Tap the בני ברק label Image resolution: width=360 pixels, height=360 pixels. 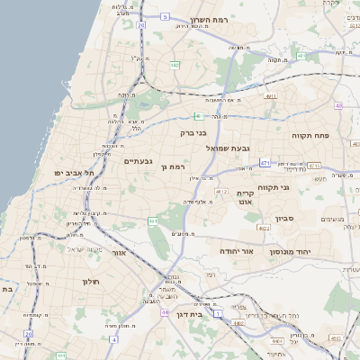(193, 132)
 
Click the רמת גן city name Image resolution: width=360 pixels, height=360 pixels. (172, 166)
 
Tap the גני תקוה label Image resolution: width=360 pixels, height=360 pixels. (273, 188)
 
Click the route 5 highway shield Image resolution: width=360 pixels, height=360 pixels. (165, 16)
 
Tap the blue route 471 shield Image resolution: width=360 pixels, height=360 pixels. (265, 163)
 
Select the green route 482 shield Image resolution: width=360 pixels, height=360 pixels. (174, 64)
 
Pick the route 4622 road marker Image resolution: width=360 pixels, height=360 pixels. (264, 229)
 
